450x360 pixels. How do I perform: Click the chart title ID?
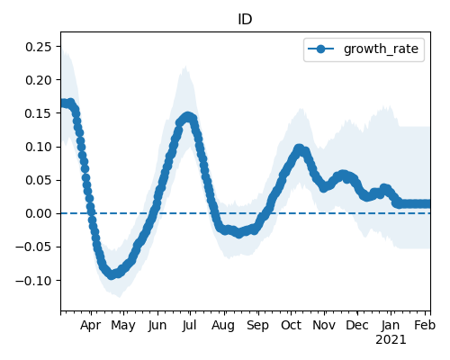(245, 20)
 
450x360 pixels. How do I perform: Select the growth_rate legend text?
(381, 49)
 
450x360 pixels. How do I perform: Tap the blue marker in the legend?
(320, 49)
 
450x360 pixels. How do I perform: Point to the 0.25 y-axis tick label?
(38, 47)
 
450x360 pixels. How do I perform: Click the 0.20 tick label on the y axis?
(38, 80)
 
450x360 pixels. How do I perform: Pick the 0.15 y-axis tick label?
(38, 113)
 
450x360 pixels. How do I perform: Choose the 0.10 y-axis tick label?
(38, 147)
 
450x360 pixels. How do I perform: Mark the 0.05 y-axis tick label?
(38, 180)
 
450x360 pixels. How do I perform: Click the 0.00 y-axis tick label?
(38, 213)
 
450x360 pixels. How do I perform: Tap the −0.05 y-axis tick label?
(33, 247)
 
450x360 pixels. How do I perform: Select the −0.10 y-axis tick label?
(33, 281)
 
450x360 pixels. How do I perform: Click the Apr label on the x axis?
(91, 326)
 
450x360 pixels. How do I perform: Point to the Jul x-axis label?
(190, 325)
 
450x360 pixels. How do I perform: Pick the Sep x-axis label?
(257, 326)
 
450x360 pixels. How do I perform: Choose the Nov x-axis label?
(324, 325)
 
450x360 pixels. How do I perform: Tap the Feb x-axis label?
(425, 325)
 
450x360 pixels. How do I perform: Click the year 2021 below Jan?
(391, 340)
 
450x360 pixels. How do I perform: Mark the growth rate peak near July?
(188, 117)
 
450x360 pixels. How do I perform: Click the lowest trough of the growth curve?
(112, 274)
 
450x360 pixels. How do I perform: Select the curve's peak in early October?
(299, 148)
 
